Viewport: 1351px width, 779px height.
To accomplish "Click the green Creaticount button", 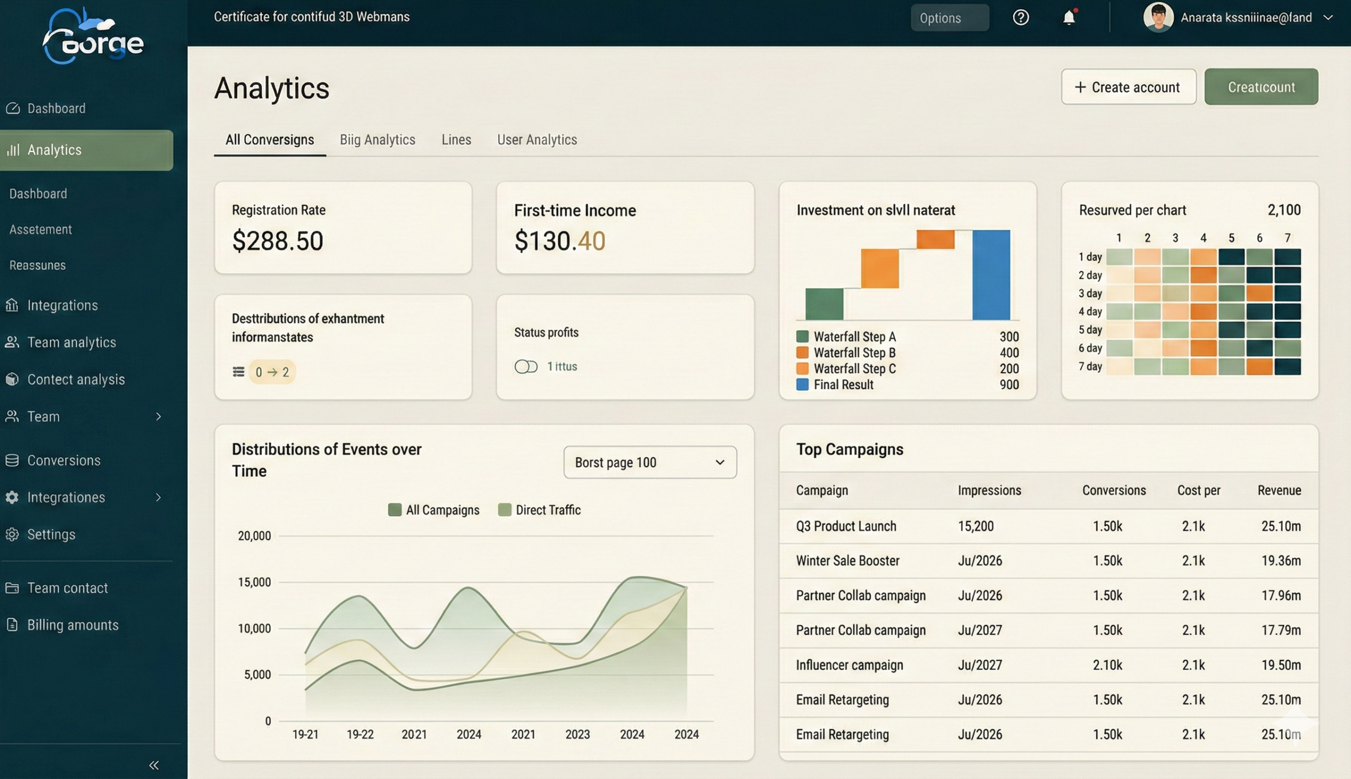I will (x=1261, y=87).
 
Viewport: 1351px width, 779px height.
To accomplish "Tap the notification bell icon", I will (x=1069, y=17).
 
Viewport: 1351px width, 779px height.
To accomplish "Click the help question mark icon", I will (x=1021, y=17).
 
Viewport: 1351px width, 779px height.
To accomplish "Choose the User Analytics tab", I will (x=537, y=140).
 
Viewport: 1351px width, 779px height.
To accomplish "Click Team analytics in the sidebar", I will (x=71, y=343).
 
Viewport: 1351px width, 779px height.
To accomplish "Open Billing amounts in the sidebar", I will (x=73, y=625).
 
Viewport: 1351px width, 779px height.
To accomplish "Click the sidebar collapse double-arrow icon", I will (x=154, y=765).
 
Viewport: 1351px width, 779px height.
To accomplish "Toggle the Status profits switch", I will (x=526, y=366).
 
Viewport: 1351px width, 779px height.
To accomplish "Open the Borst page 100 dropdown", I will (x=649, y=462).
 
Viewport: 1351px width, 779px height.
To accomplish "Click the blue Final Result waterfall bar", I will (x=991, y=275).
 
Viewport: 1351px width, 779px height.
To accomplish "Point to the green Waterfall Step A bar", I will (x=824, y=304).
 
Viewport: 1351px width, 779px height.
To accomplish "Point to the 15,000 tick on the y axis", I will (x=254, y=582).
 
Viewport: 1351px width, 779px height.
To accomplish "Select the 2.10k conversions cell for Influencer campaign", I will (x=1107, y=665).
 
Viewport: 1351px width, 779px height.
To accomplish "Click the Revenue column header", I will (x=1278, y=491).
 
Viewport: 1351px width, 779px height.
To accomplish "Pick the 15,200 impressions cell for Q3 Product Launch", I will (x=976, y=526).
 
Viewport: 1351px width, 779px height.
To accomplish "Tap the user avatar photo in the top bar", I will (x=1158, y=17).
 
